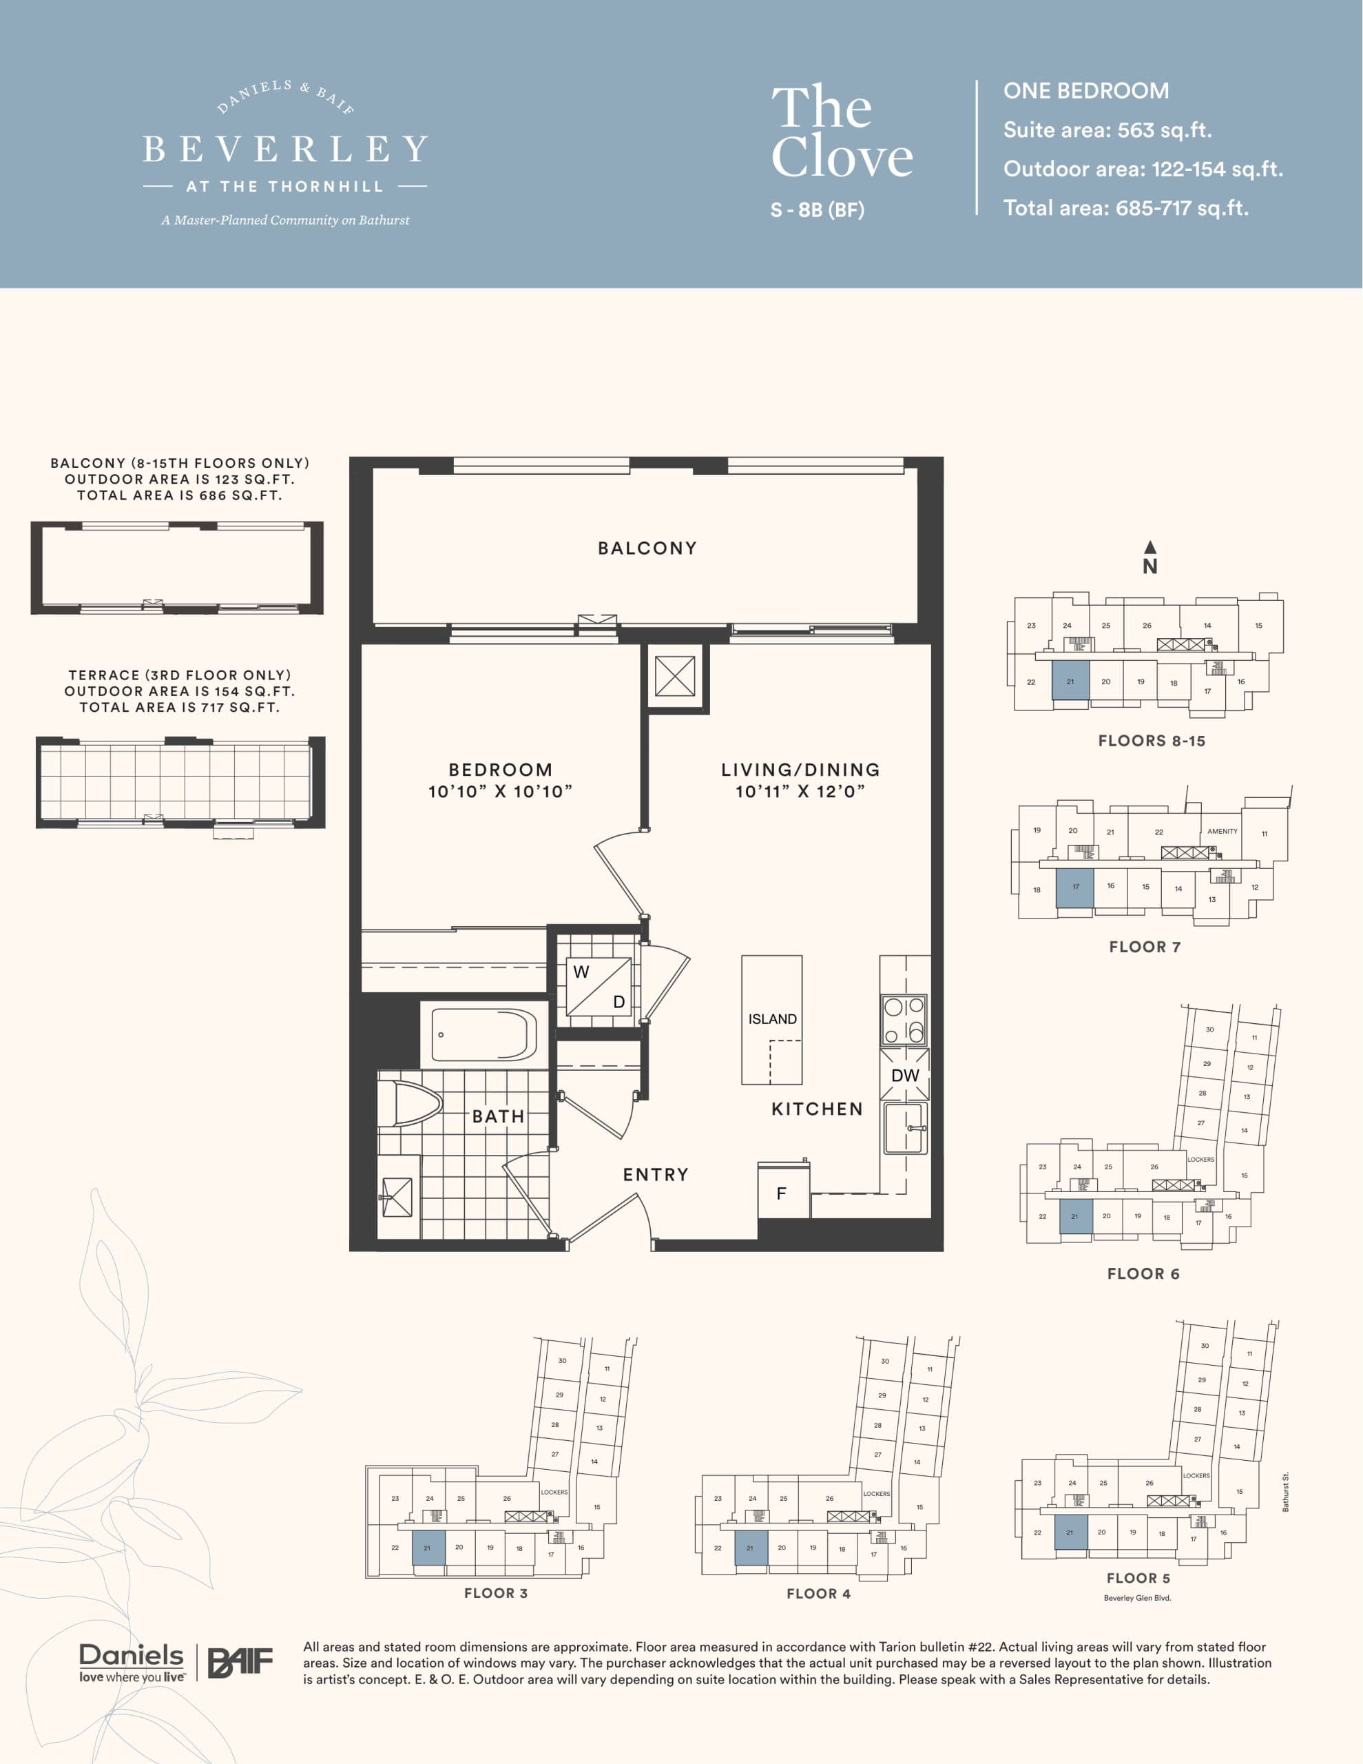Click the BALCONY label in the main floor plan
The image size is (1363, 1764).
[647, 548]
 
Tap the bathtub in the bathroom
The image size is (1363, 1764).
[483, 1035]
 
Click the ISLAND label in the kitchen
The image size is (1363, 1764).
[772, 1019]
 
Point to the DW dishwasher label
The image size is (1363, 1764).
[904, 1076]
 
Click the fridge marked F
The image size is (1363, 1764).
[782, 1193]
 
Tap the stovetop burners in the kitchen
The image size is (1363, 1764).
[904, 1020]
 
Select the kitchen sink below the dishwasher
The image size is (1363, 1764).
[904, 1129]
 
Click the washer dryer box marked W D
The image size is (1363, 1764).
[599, 987]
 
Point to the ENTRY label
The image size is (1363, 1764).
[656, 1175]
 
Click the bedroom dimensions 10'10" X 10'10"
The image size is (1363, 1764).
[500, 792]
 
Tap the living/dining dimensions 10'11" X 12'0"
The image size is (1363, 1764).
[800, 792]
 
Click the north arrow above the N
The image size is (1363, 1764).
[1149, 547]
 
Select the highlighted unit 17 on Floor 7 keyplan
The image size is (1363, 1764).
[1074, 888]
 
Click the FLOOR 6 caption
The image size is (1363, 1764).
[1143, 1273]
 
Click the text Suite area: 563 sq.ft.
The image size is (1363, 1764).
[1106, 130]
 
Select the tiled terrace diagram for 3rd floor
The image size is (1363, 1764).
[180, 783]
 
